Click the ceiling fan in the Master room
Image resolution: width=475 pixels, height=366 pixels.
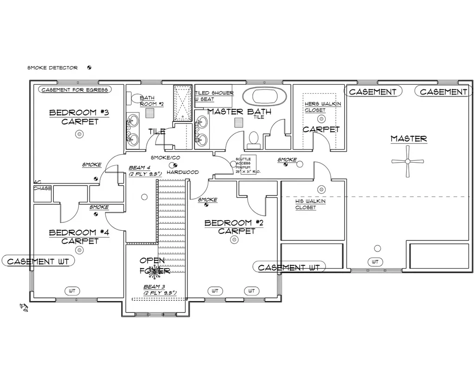(408, 161)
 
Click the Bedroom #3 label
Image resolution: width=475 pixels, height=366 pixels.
(79, 113)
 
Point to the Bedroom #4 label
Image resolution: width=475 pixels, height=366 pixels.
(79, 233)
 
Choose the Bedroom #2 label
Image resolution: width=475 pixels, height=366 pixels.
(235, 223)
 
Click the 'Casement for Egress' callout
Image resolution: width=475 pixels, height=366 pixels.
(75, 89)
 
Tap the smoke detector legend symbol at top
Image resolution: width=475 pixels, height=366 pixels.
(89, 68)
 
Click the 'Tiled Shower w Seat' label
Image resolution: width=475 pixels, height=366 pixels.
(214, 96)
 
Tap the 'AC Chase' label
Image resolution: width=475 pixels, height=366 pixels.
(42, 185)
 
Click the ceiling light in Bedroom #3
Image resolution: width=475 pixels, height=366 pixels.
(79, 134)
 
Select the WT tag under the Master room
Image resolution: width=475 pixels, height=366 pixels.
(375, 262)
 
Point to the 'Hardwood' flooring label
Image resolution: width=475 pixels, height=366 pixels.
(183, 172)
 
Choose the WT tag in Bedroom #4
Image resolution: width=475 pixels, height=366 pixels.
(72, 291)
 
